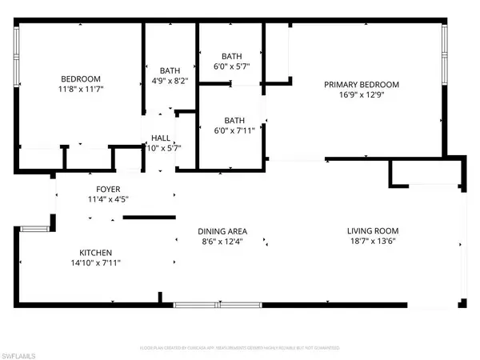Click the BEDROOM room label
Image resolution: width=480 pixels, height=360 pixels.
[x=81, y=78]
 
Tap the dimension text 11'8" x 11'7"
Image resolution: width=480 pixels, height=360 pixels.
[x=81, y=90]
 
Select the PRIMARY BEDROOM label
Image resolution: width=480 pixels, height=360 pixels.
[x=361, y=84]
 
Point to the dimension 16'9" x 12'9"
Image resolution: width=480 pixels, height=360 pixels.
[x=361, y=95]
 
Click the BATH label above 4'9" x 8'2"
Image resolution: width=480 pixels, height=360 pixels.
[x=170, y=70]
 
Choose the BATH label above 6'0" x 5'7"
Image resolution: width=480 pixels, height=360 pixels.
[x=232, y=56]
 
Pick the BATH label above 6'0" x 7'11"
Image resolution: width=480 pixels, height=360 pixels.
[x=232, y=120]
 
